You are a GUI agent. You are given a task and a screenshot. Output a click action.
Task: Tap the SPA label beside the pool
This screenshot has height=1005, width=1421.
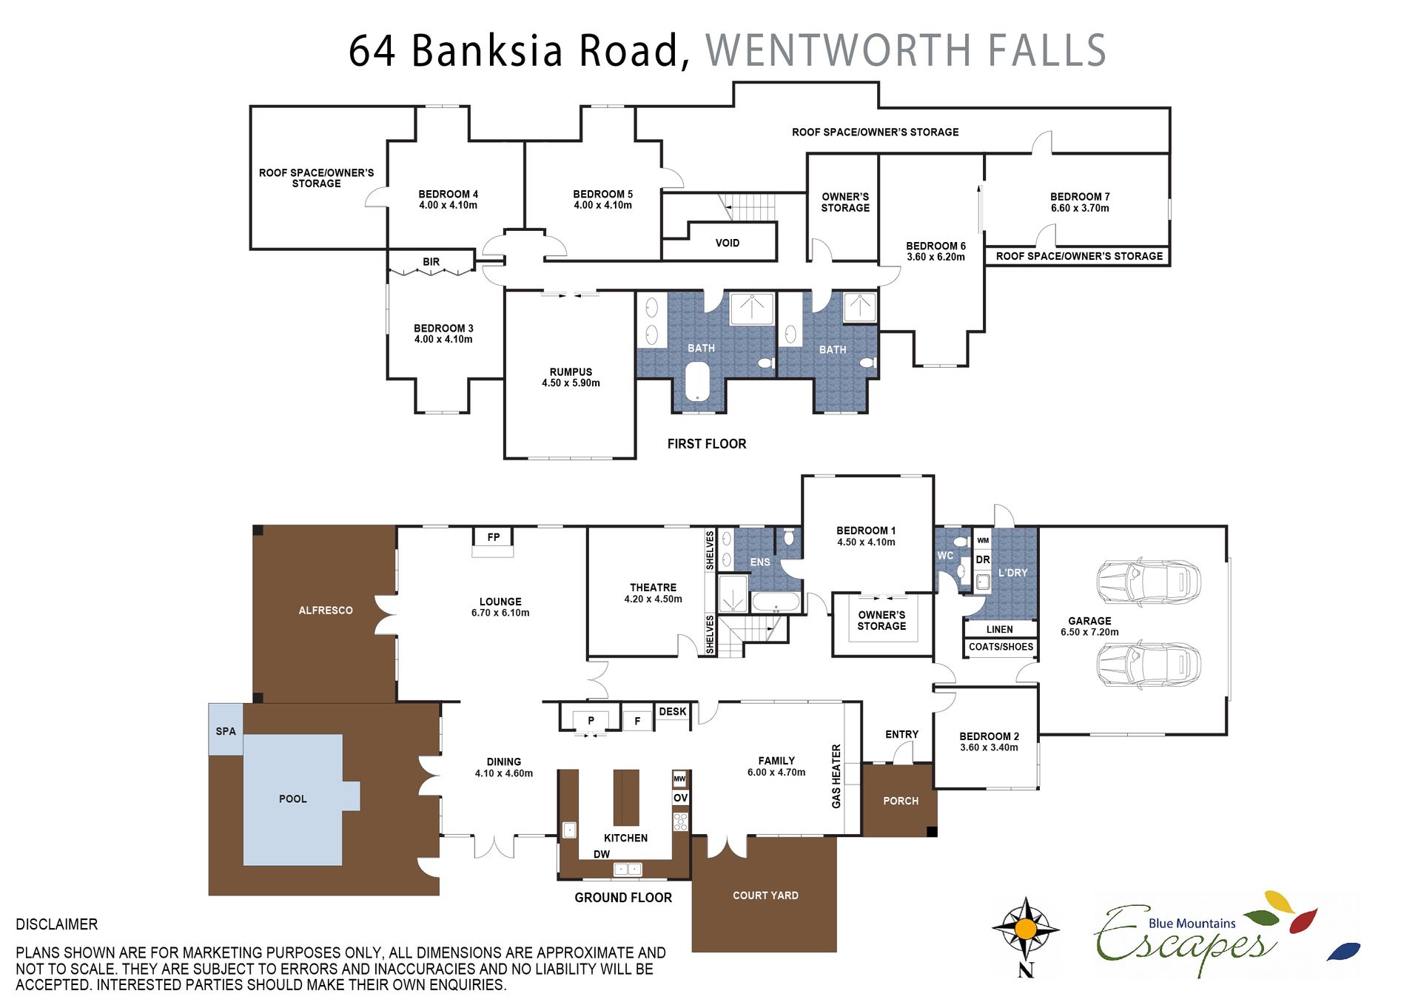click(226, 731)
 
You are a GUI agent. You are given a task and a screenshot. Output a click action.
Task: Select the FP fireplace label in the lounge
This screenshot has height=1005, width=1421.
click(494, 537)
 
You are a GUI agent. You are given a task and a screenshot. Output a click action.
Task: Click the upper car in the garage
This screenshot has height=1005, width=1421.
click(1148, 582)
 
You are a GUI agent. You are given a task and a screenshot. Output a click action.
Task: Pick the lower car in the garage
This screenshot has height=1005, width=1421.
click(1148, 664)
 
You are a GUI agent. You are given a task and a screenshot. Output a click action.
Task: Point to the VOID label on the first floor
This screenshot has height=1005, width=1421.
click(728, 243)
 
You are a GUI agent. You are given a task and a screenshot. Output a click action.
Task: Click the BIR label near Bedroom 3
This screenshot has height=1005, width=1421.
click(431, 262)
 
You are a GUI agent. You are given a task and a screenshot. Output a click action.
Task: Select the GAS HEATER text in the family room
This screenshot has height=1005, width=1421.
click(836, 776)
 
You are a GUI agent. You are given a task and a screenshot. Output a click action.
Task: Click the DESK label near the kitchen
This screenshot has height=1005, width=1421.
click(673, 711)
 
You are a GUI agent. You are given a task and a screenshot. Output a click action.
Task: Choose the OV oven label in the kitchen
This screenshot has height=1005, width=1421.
click(680, 798)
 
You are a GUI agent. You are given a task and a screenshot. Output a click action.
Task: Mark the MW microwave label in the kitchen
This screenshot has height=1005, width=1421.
click(679, 779)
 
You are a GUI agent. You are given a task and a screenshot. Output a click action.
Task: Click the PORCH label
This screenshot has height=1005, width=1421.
click(901, 801)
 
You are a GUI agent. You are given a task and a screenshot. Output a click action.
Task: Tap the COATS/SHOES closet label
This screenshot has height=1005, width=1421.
click(1001, 647)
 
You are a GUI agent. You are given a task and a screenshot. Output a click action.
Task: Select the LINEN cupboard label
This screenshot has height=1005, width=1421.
click(1000, 629)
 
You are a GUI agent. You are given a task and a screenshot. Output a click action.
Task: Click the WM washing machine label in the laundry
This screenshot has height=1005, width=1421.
click(983, 540)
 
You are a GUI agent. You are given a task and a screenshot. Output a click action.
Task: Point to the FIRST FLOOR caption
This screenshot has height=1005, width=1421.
click(707, 444)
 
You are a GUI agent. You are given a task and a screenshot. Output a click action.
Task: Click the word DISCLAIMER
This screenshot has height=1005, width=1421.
click(57, 924)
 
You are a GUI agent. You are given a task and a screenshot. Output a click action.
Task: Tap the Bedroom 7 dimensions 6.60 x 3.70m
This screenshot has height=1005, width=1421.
click(1080, 208)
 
